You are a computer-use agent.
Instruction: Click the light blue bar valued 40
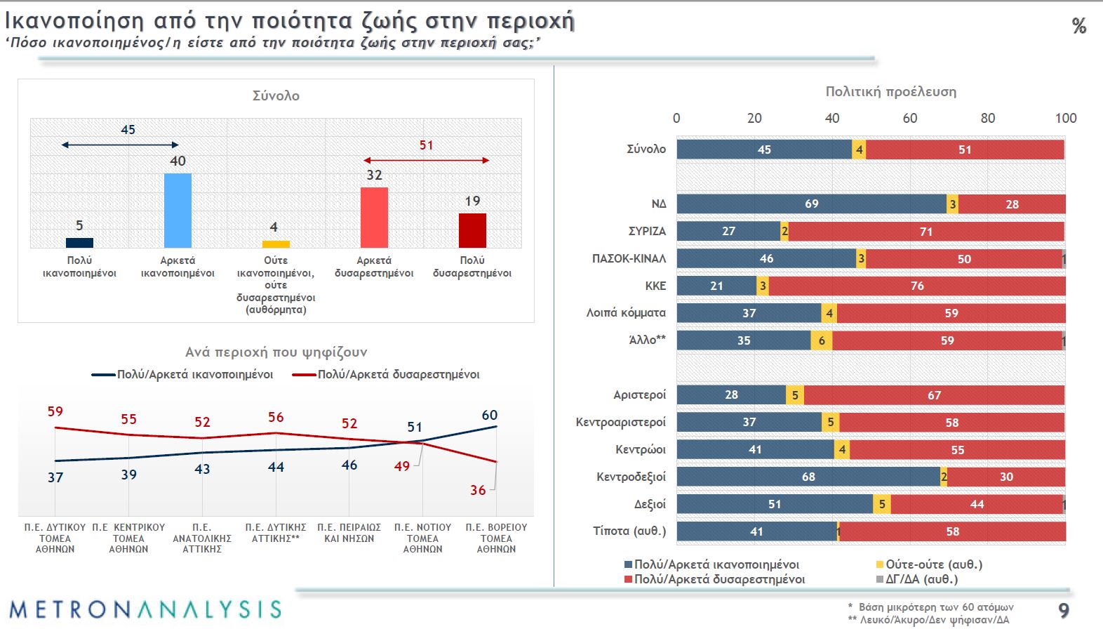click(178, 211)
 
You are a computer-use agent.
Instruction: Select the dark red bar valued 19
click(472, 230)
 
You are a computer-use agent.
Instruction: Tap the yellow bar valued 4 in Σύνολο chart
click(276, 244)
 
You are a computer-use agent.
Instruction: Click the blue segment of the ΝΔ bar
click(811, 204)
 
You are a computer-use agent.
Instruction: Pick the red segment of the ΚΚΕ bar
click(916, 286)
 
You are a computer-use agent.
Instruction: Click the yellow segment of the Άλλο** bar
click(822, 340)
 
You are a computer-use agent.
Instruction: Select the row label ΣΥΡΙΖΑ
click(647, 231)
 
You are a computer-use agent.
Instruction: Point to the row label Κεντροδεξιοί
click(631, 477)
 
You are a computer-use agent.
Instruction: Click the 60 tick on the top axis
click(909, 118)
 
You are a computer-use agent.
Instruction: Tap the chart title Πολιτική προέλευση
click(890, 91)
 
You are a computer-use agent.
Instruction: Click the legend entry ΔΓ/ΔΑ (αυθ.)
click(921, 579)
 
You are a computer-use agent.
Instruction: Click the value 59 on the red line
click(55, 411)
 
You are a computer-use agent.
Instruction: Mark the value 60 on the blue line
click(489, 415)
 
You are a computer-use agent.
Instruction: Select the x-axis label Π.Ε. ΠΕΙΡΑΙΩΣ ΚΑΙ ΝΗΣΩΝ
click(349, 533)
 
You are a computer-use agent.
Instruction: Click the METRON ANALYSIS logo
click(145, 609)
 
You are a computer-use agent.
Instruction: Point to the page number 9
click(1064, 610)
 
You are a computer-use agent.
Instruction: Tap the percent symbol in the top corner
click(1079, 27)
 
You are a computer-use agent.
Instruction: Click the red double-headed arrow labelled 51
click(426, 161)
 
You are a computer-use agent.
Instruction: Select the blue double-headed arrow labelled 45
click(120, 145)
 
